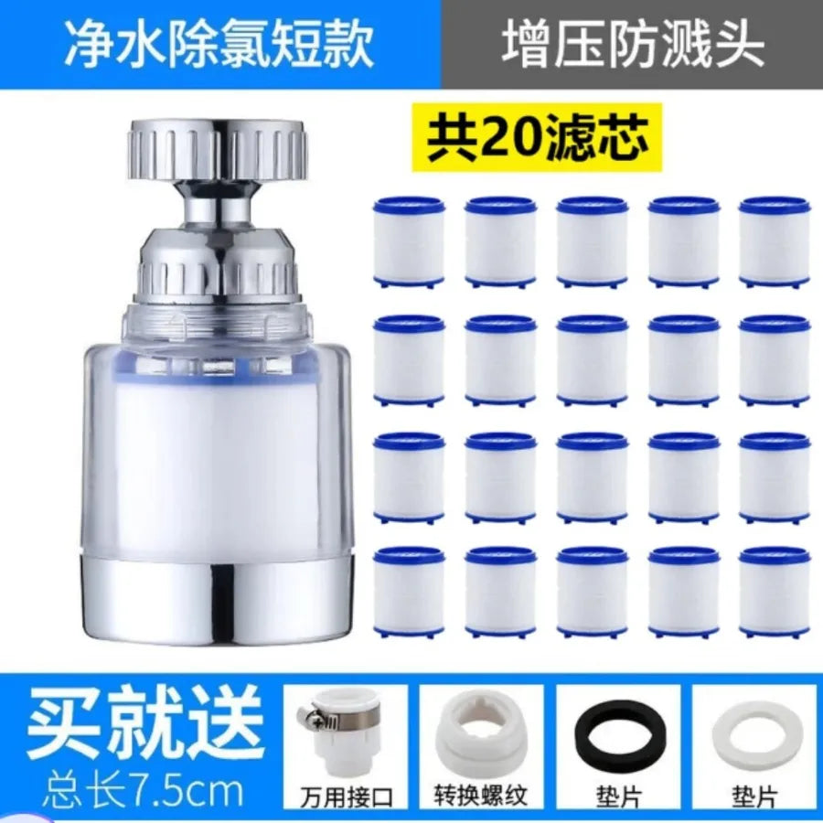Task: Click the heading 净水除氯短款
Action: (219, 44)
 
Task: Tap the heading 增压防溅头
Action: (632, 44)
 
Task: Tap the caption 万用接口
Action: (347, 796)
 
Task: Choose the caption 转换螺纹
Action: (481, 796)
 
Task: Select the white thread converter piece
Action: (480, 733)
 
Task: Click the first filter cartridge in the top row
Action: (409, 242)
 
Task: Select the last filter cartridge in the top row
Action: (775, 242)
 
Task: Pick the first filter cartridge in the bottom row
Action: (409, 592)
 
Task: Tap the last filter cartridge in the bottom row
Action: (775, 592)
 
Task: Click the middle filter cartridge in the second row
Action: (592, 360)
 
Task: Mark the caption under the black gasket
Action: (619, 798)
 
